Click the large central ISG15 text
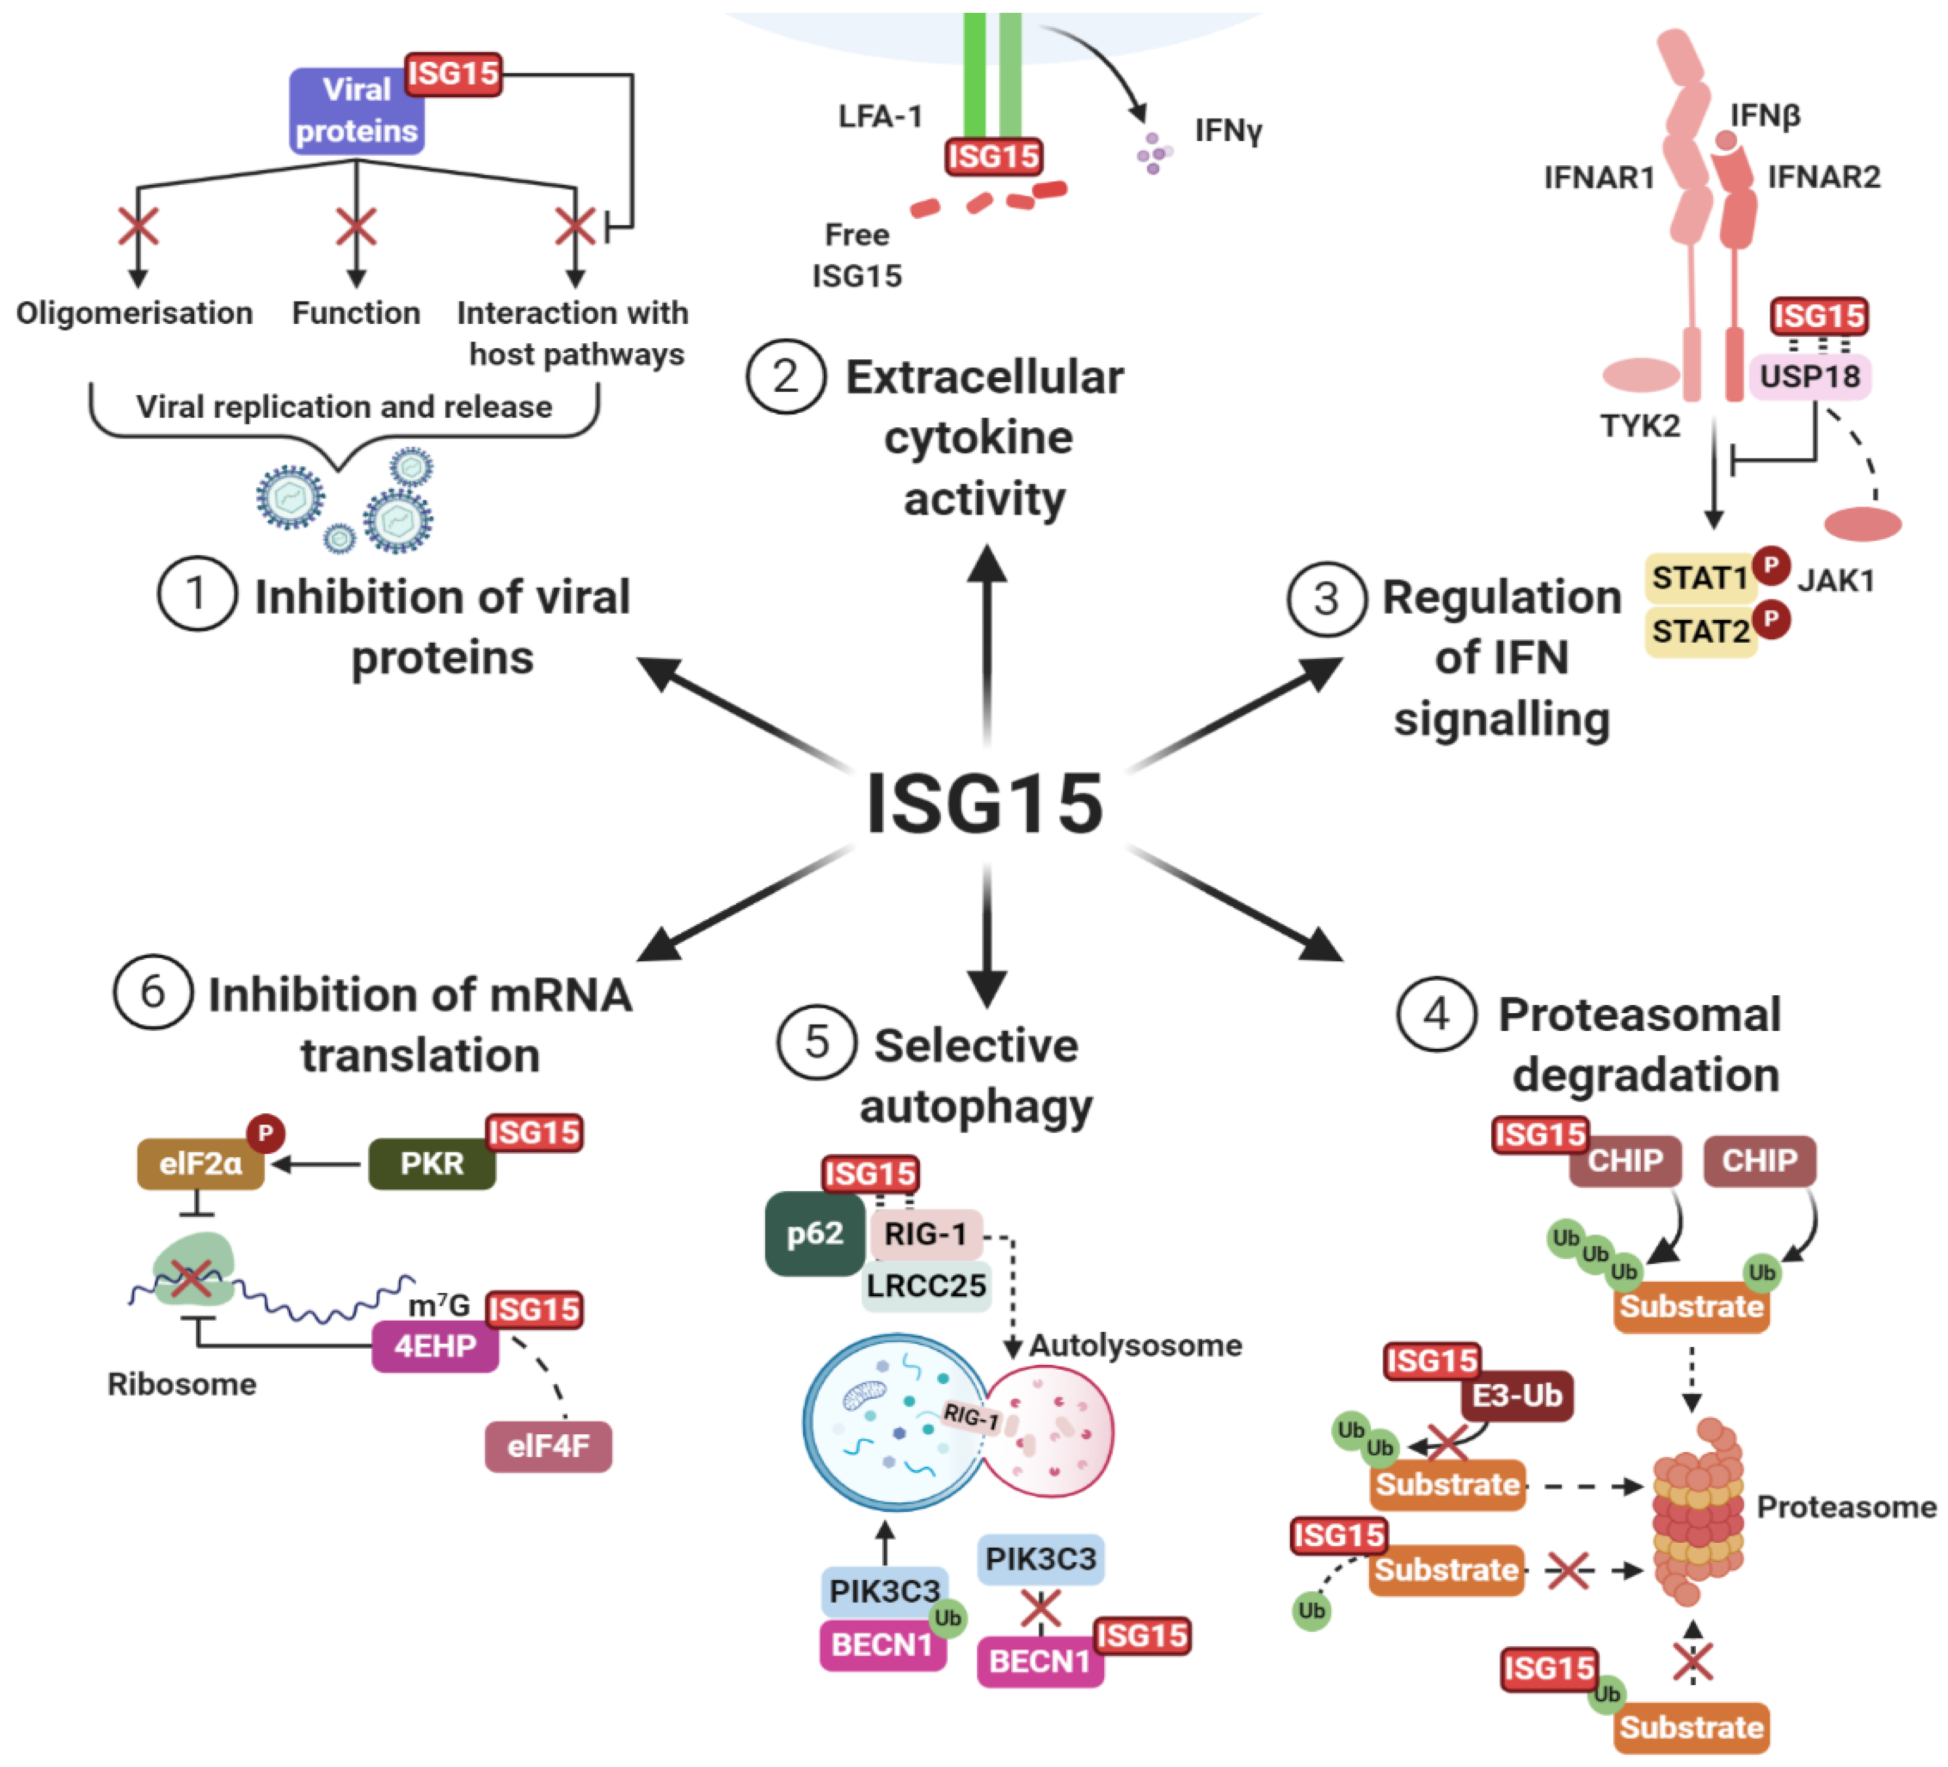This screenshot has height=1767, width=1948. [x=983, y=804]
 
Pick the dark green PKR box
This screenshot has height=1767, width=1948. [x=432, y=1163]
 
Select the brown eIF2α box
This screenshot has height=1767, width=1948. [x=200, y=1163]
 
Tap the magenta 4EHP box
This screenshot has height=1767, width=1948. [x=435, y=1346]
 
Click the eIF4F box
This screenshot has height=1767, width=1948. [x=548, y=1446]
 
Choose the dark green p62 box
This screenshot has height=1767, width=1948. [x=815, y=1233]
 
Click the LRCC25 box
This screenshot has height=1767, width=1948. [x=926, y=1286]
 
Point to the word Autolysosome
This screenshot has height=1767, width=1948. [x=1135, y=1345]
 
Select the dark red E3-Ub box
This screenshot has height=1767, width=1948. [x=1516, y=1395]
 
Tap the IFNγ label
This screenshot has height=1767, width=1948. [x=1228, y=130]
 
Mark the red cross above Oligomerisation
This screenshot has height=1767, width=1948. [x=138, y=227]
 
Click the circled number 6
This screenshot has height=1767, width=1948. [x=153, y=992]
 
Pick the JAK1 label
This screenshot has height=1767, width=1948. [x=1835, y=581]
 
